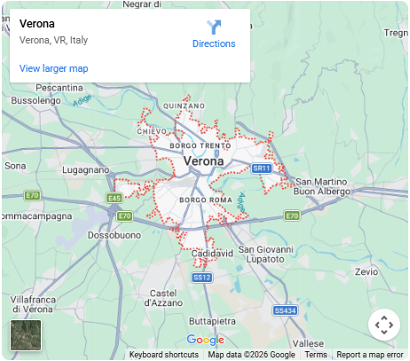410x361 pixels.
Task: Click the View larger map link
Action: tap(53, 68)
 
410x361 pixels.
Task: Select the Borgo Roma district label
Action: tap(205, 200)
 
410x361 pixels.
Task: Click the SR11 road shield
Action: tap(261, 168)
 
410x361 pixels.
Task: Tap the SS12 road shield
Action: tap(202, 277)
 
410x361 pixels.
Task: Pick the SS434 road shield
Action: tap(285, 310)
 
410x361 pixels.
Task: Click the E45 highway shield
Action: tap(114, 198)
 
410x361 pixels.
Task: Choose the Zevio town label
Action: tap(366, 271)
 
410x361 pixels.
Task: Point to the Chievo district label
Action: tap(153, 131)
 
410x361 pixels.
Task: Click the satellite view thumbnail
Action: tap(25, 335)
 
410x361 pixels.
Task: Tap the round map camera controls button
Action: tap(383, 325)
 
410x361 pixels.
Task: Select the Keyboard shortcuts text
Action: tap(163, 355)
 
